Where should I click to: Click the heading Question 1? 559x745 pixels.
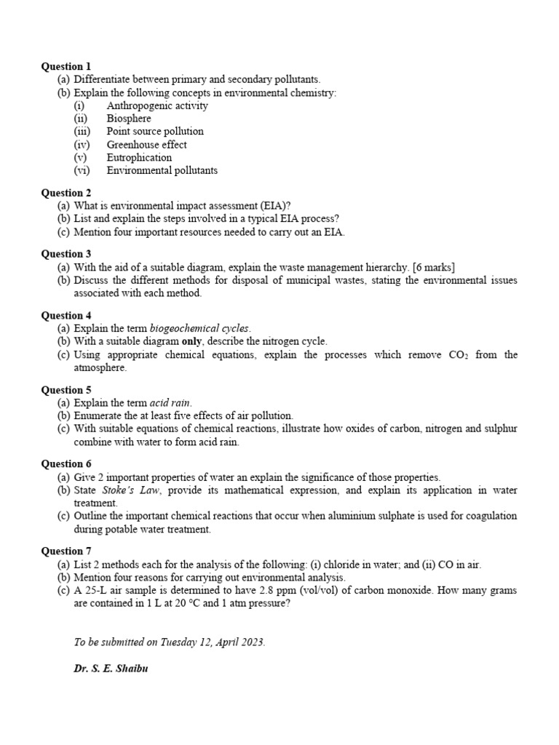coord(66,66)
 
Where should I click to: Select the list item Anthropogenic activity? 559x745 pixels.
coord(156,105)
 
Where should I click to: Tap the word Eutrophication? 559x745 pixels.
coord(139,158)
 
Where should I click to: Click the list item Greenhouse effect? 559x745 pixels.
coord(146,145)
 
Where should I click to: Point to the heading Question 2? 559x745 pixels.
coord(66,193)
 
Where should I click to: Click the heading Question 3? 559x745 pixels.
coord(66,254)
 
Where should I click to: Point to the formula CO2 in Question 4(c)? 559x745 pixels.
coord(454,355)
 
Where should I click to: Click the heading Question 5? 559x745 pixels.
coord(66,390)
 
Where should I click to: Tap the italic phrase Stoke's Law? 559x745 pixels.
coord(126,490)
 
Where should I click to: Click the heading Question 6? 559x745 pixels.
coord(66,463)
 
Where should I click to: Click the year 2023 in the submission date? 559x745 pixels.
coord(252,642)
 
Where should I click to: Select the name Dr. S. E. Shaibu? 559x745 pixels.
coord(111,669)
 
